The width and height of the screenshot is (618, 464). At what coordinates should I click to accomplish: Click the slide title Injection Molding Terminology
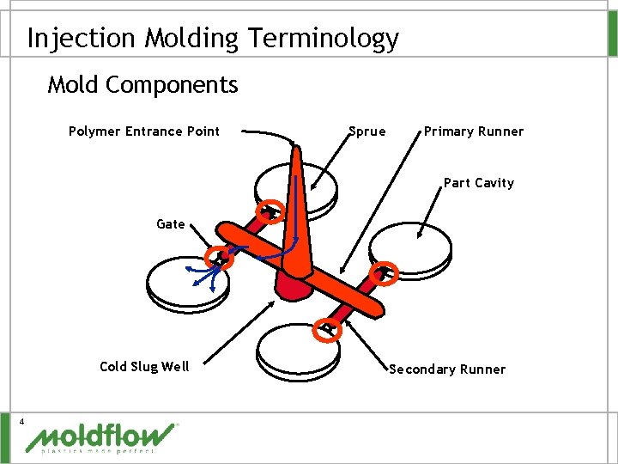click(213, 39)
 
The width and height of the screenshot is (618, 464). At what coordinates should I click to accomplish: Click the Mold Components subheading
click(142, 85)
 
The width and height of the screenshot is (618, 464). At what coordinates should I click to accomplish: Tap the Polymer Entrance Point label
click(144, 131)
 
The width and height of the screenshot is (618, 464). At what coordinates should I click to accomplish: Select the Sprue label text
click(367, 131)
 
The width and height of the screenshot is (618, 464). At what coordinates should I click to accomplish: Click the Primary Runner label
click(473, 131)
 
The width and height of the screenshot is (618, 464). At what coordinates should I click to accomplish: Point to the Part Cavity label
click(478, 183)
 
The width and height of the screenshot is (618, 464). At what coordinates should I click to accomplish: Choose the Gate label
click(171, 224)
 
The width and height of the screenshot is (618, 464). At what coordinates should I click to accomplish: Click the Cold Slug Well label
click(144, 367)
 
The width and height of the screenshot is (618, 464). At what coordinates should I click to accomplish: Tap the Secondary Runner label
click(447, 369)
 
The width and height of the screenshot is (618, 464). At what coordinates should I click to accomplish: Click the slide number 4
click(23, 420)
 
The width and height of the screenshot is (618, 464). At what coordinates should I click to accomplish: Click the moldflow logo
click(101, 437)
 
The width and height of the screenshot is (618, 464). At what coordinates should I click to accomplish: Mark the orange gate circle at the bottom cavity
click(329, 328)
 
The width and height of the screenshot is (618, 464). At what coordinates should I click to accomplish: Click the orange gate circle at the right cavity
click(385, 272)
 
